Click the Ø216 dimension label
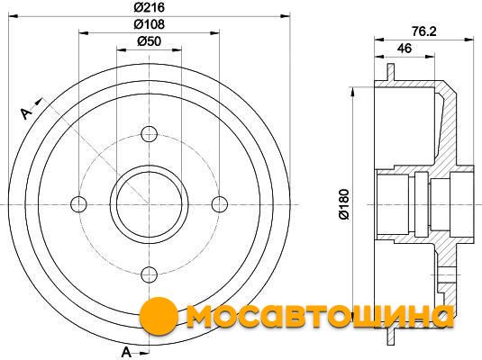149,7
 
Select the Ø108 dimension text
149,24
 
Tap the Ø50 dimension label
149,41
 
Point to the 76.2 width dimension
424,31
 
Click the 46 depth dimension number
405,49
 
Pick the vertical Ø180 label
344,204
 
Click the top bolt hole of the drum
149,134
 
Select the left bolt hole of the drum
78,204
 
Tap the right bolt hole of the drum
220,204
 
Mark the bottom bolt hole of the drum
149,274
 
